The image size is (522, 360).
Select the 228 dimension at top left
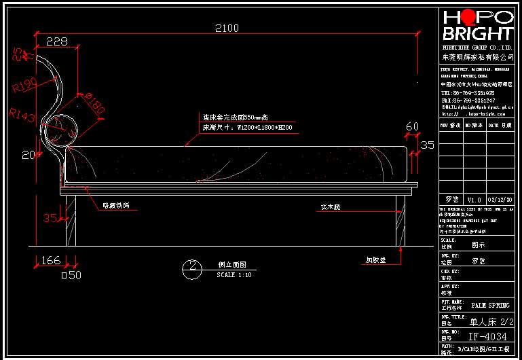pyautogui.click(x=56, y=41)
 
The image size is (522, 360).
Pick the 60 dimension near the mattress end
pyautogui.click(x=413, y=127)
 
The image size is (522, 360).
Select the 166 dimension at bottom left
pyautogui.click(x=50, y=260)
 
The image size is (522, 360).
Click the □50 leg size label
pyautogui.click(x=71, y=275)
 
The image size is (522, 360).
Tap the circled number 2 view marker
pyautogui.click(x=193, y=267)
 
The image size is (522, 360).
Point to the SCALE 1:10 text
pyautogui.click(x=234, y=275)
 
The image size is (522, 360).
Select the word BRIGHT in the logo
pyautogui.click(x=477, y=33)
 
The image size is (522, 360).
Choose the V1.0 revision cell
pyautogui.click(x=474, y=200)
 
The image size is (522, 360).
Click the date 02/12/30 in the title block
pyautogui.click(x=500, y=200)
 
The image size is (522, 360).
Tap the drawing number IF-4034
pyautogui.click(x=487, y=336)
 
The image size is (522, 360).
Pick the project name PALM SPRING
pyautogui.click(x=490, y=306)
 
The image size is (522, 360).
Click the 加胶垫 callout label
pyautogui.click(x=377, y=259)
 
